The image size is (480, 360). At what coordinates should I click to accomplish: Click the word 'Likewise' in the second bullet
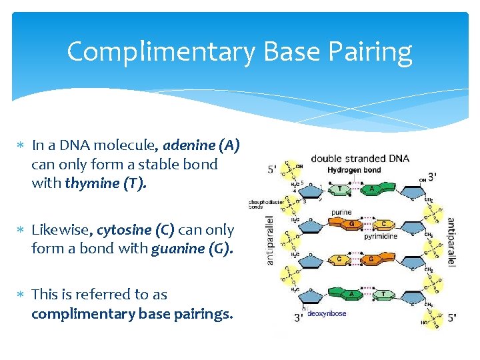(62, 230)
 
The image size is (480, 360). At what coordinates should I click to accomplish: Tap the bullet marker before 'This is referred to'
(21, 295)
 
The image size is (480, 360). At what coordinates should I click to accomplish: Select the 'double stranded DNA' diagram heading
(360, 159)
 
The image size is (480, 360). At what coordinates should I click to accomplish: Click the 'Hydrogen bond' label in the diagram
(354, 171)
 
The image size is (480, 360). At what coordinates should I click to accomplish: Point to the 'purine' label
(342, 213)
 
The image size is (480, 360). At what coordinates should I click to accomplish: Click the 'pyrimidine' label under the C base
(381, 236)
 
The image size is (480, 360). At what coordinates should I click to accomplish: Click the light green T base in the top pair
(340, 189)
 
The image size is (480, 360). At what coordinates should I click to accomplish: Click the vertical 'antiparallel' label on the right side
(451, 241)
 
